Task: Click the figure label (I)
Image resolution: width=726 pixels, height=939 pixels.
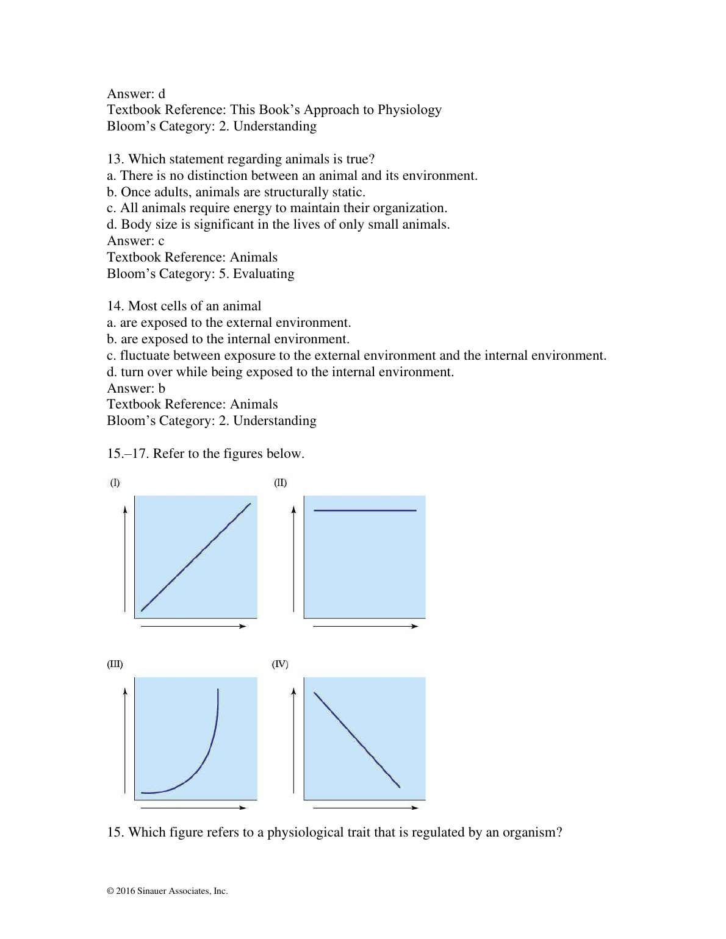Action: [115, 483]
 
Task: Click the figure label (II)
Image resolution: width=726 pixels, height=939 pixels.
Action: [280, 483]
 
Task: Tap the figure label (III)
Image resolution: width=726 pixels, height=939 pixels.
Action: [115, 664]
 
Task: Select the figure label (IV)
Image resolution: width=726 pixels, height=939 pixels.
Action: [280, 664]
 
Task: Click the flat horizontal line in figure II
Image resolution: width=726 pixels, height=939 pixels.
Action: [365, 510]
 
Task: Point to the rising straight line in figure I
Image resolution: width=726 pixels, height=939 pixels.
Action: [195, 558]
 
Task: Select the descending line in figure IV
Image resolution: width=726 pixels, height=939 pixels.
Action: [357, 740]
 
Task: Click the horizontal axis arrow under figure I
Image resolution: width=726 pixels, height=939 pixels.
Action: [193, 626]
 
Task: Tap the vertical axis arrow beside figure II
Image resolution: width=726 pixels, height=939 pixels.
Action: [293, 558]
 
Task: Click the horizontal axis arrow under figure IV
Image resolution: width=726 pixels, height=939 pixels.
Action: [365, 808]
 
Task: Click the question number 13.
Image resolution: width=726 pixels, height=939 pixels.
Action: [115, 159]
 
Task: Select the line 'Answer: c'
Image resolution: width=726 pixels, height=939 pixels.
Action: [135, 241]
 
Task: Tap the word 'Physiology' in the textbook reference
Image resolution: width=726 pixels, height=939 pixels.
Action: [409, 110]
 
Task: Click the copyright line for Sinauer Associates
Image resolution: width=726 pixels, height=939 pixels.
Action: [167, 891]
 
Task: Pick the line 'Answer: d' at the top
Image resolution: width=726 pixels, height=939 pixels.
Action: [136, 94]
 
